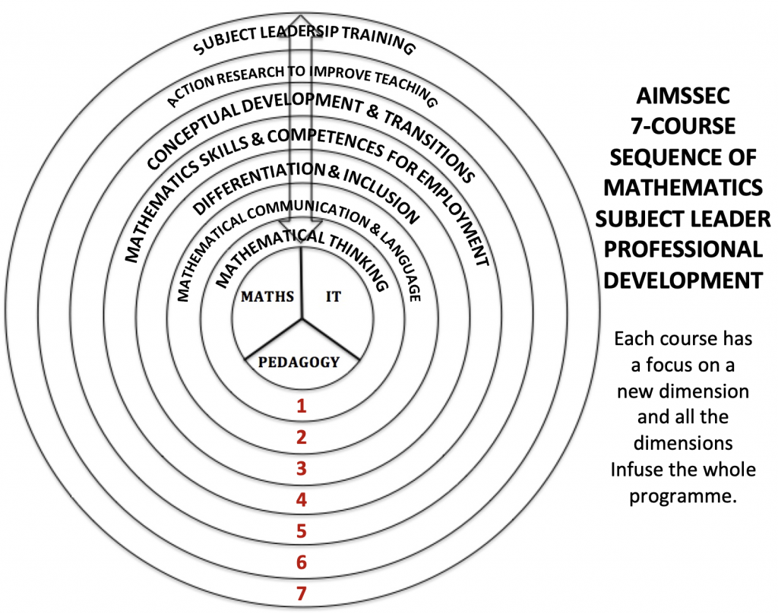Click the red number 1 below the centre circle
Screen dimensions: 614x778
(x=302, y=405)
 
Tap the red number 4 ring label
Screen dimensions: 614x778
(x=302, y=500)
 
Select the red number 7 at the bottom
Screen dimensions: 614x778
(x=302, y=594)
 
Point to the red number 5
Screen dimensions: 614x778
(x=302, y=531)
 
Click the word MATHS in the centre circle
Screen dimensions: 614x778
(x=267, y=297)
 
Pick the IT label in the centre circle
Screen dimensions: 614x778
(x=334, y=297)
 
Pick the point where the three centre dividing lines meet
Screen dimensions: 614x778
(x=302, y=319)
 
